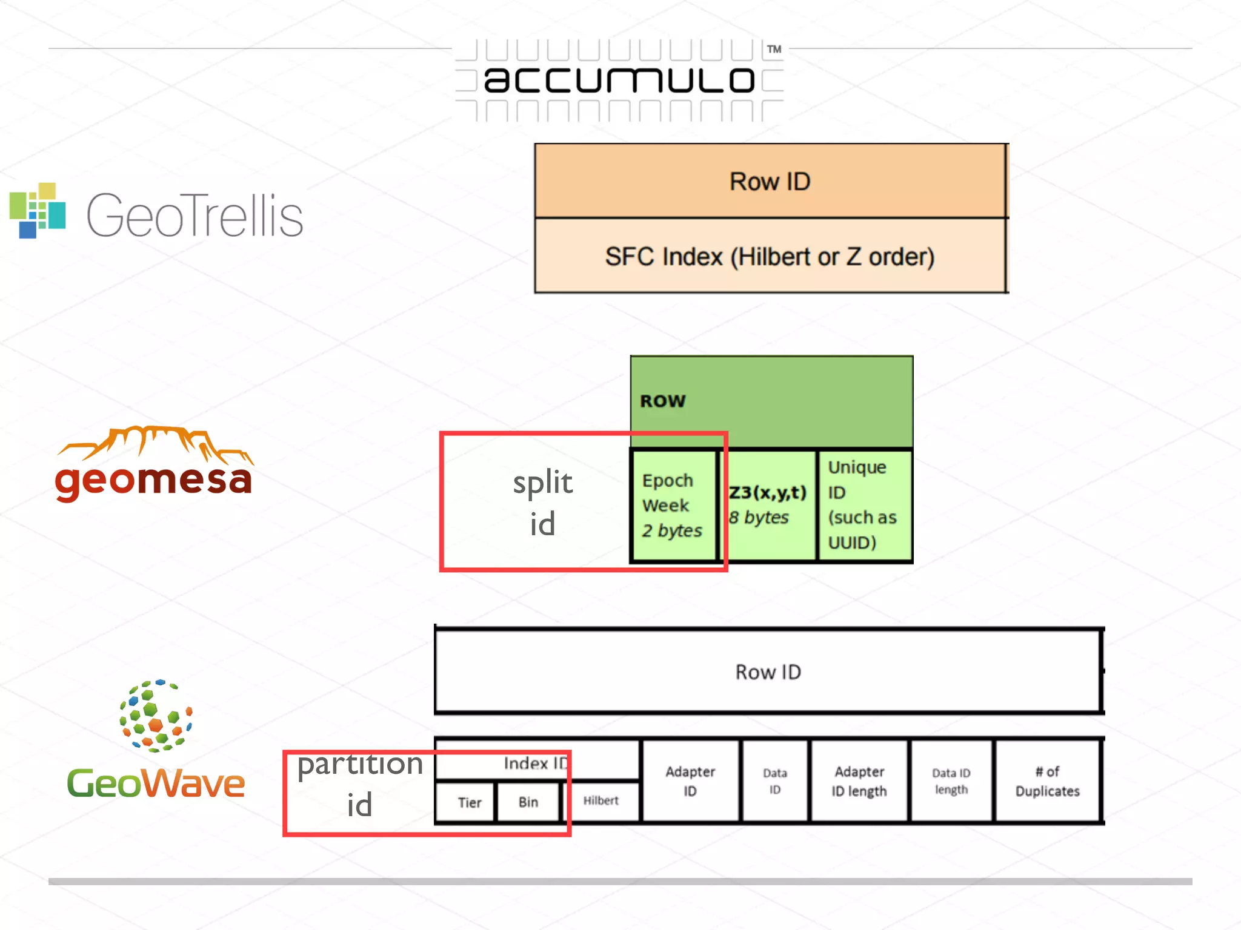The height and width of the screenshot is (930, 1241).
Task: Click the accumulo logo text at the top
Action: [x=619, y=80]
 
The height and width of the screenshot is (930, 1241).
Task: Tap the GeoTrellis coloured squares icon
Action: [x=38, y=210]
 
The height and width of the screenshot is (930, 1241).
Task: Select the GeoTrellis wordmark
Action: [x=195, y=215]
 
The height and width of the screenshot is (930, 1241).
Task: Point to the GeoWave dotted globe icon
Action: [x=156, y=715]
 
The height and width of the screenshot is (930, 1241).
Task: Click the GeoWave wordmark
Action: [x=156, y=783]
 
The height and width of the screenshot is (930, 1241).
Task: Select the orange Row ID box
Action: [x=770, y=181]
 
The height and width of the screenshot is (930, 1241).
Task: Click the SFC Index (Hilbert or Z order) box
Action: [x=770, y=256]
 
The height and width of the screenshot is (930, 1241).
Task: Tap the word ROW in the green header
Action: [x=663, y=401]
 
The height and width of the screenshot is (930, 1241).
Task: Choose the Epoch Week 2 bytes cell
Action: [x=672, y=506]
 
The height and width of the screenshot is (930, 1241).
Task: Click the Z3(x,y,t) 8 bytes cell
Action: [x=767, y=504]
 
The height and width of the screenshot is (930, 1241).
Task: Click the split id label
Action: [x=542, y=503]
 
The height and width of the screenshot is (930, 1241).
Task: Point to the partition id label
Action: [x=360, y=783]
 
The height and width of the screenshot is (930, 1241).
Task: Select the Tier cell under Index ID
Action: [x=469, y=802]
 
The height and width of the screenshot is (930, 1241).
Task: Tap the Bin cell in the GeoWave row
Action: [x=528, y=802]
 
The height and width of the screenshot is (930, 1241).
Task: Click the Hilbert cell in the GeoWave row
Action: [x=601, y=800]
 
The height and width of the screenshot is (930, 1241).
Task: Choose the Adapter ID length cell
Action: [x=859, y=781]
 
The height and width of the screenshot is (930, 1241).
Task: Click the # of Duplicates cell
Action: [x=1047, y=781]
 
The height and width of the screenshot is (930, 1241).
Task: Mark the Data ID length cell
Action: [x=951, y=781]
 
